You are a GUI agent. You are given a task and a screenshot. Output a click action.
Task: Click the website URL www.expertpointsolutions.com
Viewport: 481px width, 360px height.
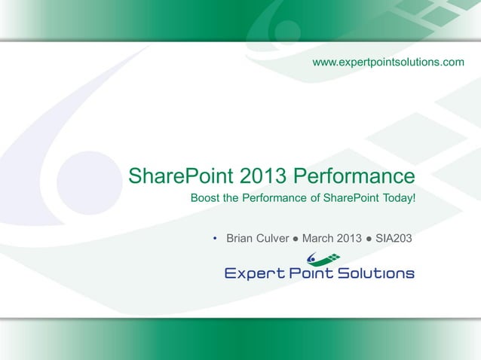pyautogui.click(x=388, y=60)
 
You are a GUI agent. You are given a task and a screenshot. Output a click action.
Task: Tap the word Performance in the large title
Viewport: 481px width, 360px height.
pyautogui.click(x=353, y=176)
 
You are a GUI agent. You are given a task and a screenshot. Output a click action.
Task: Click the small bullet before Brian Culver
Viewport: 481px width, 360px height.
pyautogui.click(x=215, y=239)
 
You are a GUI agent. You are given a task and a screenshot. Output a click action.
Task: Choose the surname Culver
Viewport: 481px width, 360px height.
pyautogui.click(x=274, y=239)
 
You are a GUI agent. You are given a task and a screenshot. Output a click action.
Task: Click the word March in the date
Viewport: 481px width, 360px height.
pyautogui.click(x=320, y=239)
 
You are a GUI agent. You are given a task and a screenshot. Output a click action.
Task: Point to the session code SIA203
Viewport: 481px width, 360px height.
pyautogui.click(x=394, y=239)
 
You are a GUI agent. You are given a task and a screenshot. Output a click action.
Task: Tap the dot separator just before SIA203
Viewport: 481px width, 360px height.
pyautogui.click(x=370, y=239)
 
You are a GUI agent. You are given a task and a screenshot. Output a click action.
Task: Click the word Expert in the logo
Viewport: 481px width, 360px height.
pyautogui.click(x=254, y=273)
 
